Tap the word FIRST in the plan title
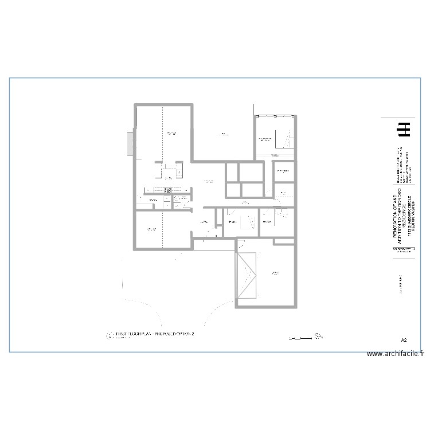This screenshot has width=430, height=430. tap(122, 333)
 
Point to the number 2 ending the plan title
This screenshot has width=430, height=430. tap(193, 333)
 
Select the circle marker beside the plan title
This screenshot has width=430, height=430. tap(110, 335)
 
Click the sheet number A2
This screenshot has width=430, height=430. tap(404, 340)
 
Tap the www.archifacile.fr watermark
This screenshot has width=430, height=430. tap(395, 354)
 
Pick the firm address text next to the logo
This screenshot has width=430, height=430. tap(400, 166)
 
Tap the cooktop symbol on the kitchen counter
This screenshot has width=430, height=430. tap(168, 190)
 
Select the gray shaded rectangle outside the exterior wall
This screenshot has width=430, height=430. tap(131, 142)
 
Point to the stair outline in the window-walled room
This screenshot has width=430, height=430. tap(282, 139)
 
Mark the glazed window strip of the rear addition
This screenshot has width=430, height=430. tap(275, 116)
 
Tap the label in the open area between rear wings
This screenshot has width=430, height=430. tap(221, 134)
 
